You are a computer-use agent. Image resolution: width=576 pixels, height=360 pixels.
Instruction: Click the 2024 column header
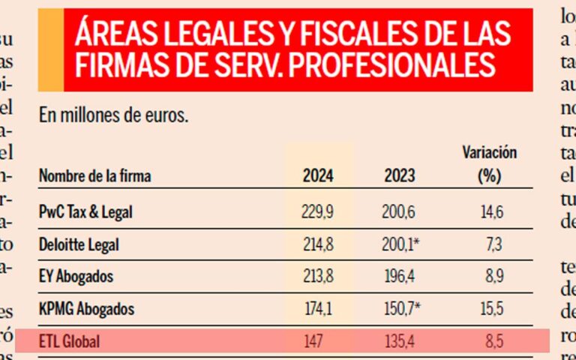(318, 177)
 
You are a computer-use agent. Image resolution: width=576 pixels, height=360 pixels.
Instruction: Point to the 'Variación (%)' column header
(489, 165)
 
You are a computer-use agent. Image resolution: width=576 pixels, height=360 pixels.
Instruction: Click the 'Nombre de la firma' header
(94, 177)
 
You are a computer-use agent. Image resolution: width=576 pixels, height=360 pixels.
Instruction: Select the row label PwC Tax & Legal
(85, 212)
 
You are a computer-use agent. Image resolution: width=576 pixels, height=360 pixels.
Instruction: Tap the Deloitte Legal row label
(79, 244)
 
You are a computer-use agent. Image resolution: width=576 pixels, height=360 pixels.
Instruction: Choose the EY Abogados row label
(76, 277)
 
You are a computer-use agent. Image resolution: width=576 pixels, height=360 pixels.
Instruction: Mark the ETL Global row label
(69, 342)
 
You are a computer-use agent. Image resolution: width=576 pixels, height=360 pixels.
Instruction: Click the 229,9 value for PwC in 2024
(318, 212)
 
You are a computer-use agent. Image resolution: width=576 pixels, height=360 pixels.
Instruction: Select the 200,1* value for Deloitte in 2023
(402, 244)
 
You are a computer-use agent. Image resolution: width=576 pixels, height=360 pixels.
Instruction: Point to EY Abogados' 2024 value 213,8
(318, 277)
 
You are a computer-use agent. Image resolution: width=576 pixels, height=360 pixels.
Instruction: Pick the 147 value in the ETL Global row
(313, 342)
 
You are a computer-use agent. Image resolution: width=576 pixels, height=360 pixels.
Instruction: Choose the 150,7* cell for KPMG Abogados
(402, 309)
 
